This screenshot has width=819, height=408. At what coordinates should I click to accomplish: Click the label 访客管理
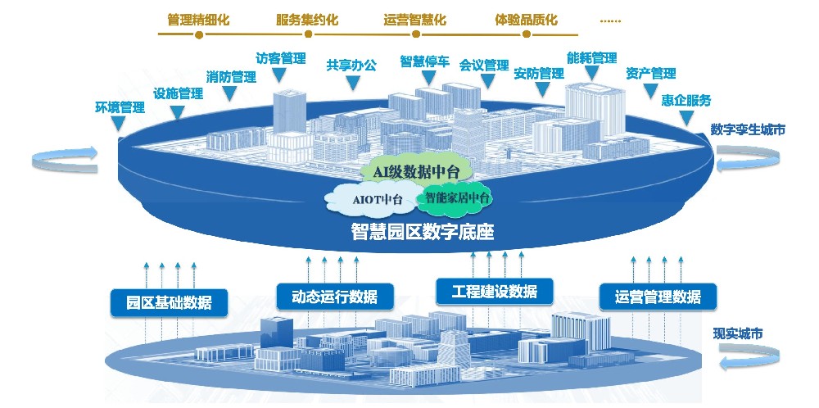280,59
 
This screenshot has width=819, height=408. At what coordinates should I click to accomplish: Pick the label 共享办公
351,65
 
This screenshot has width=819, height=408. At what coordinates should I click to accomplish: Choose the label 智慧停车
424,61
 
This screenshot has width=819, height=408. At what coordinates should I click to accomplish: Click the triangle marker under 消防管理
231,94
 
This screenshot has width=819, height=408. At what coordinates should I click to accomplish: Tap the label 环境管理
120,107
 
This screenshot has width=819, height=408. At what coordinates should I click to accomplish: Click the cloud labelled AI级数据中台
411,171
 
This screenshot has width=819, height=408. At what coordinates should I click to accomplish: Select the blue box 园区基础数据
169,301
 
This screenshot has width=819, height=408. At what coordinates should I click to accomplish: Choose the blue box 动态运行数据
333,295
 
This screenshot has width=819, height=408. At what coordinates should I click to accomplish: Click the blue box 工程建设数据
493,291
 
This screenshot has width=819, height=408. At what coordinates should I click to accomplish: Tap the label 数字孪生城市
748,129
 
